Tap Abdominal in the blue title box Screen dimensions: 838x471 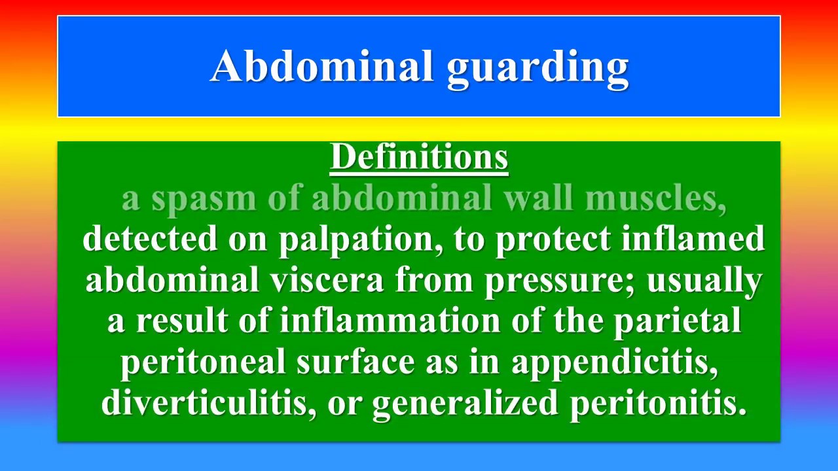(x=321, y=65)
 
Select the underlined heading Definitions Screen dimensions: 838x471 (x=419, y=157)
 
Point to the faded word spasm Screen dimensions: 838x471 (x=204, y=200)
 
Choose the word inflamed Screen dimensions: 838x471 (x=693, y=237)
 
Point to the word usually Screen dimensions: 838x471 (x=704, y=282)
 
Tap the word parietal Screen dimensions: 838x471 (x=677, y=323)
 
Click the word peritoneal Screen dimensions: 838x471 (x=203, y=363)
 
